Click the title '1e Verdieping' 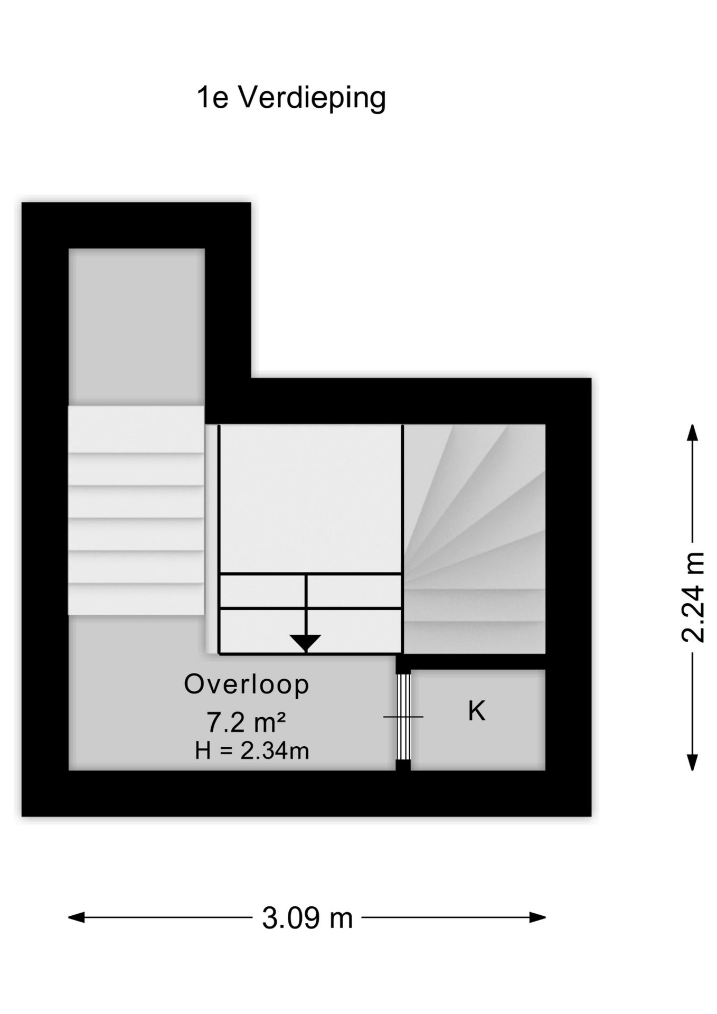pos(291,99)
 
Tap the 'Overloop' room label pos(247,684)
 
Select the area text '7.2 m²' pos(246,722)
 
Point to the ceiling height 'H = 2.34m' pos(252,750)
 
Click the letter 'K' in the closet pos(477,711)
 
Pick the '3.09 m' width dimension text pos(307,918)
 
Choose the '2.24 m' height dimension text pos(693,597)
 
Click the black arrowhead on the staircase pos(306,643)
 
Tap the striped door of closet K pos(403,716)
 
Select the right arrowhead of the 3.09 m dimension pos(537,917)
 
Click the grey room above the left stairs pos(137,327)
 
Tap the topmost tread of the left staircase pos(136,429)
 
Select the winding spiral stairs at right pos(474,539)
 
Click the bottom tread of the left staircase pos(136,599)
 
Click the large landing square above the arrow pos(310,499)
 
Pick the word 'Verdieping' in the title pos(313,99)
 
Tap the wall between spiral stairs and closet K pos(471,662)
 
